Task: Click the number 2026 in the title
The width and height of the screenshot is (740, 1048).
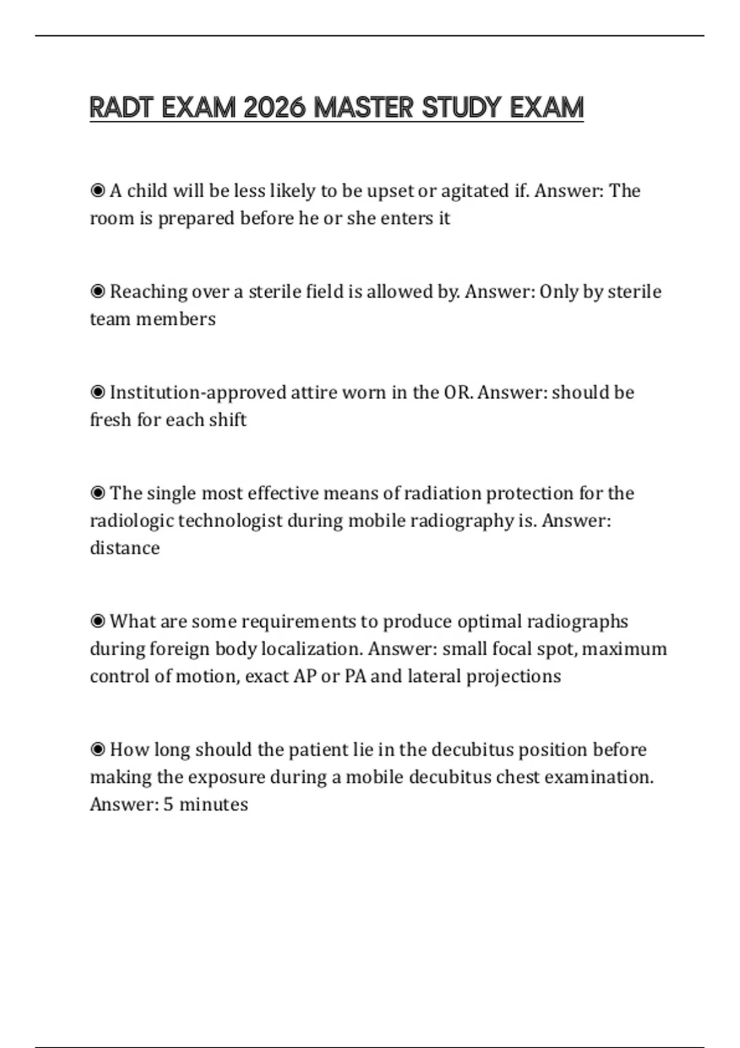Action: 274,108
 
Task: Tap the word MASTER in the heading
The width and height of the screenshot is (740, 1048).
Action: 364,108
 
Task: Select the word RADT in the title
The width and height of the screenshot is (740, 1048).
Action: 121,108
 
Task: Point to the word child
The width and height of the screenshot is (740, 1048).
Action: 147,190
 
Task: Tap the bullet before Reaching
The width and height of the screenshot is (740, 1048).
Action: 97,291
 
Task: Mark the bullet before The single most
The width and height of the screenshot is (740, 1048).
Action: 97,493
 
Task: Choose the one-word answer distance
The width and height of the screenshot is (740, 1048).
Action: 125,548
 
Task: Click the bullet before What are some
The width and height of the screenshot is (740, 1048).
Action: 97,621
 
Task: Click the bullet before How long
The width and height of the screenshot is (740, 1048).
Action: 97,749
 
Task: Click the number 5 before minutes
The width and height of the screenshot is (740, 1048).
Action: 168,804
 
